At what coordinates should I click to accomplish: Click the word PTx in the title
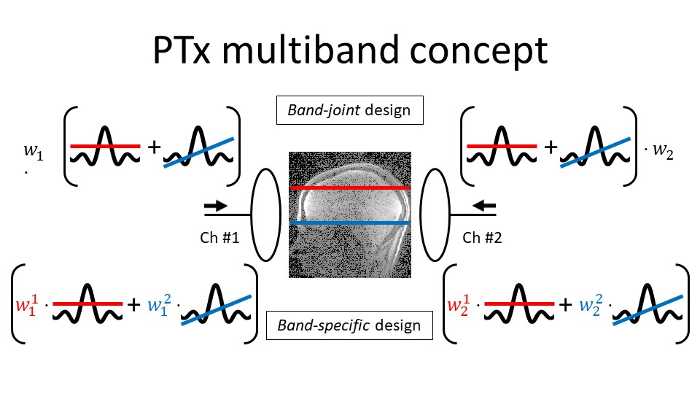tap(191, 50)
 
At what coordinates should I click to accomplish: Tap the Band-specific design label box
tap(349, 325)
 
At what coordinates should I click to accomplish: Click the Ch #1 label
tap(220, 238)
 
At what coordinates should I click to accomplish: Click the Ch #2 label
tap(482, 238)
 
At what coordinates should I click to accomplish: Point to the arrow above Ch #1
tap(216, 206)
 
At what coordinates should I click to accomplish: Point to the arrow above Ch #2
tap(484, 206)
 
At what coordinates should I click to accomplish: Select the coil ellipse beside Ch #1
tap(265, 215)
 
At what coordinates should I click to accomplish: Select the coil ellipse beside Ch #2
tap(435, 215)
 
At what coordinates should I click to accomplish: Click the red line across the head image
tap(349, 188)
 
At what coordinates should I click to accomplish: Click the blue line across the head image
tap(349, 222)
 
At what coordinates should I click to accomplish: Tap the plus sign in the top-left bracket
tap(154, 149)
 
